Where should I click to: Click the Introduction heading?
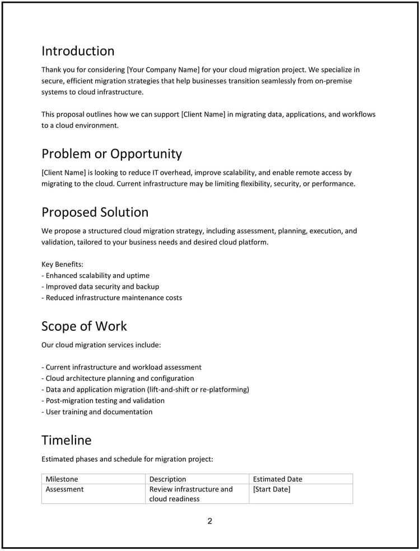tap(78, 51)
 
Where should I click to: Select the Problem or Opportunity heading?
tap(111, 154)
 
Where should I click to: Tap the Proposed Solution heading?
tap(95, 212)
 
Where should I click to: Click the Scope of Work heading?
tap(84, 326)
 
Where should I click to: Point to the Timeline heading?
tap(66, 441)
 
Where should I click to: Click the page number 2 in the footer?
tap(210, 521)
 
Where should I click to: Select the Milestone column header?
tap(62, 479)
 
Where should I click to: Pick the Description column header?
tap(167, 479)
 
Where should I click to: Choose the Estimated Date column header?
tap(277, 479)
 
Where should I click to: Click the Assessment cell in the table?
tap(64, 489)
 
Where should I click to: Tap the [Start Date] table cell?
tap(272, 489)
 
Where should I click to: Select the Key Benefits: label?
tap(62, 264)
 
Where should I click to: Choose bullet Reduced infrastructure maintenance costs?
tap(113, 298)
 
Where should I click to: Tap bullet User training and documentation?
tap(99, 412)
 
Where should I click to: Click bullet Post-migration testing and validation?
tap(105, 401)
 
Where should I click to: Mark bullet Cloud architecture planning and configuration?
tap(119, 378)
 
